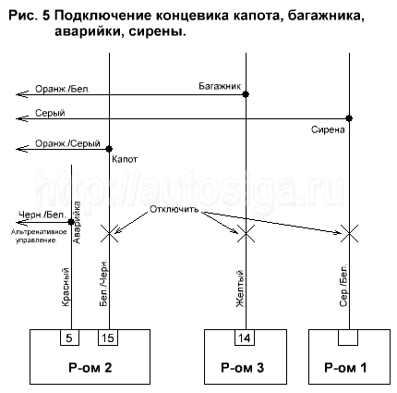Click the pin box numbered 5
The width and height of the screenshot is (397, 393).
click(69, 338)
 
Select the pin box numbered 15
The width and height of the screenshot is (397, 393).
click(108, 338)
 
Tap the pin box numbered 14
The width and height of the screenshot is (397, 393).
click(246, 338)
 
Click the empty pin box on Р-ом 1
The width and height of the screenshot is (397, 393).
click(348, 338)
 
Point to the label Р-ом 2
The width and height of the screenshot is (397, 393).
click(90, 367)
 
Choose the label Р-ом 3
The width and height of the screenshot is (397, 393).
click(243, 367)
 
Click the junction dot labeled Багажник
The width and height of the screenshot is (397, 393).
click(246, 94)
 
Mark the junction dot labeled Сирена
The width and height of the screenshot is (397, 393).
click(349, 118)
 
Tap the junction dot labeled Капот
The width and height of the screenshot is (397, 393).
click(109, 149)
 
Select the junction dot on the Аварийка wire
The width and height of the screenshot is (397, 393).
click(71, 222)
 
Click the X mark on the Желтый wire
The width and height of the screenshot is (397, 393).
click(246, 233)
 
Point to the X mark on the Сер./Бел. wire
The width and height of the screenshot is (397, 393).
click(349, 233)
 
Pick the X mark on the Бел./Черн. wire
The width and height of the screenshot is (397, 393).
click(109, 233)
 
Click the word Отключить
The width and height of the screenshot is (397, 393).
click(174, 209)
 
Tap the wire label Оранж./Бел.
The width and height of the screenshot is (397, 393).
click(63, 89)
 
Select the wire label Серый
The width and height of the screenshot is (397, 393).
click(50, 113)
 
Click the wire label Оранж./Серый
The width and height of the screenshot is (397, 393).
click(67, 143)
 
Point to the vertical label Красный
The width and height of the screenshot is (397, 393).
click(66, 288)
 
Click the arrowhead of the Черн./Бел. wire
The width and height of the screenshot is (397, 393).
click(21, 222)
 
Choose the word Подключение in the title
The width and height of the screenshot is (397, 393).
click(103, 16)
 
